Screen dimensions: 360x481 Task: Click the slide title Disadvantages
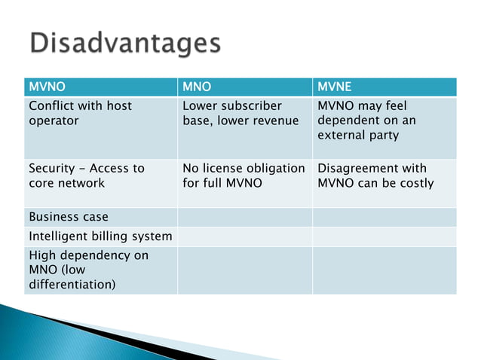tap(126, 43)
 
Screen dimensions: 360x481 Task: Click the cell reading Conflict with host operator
tap(80, 113)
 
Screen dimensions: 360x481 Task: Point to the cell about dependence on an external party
tap(366, 121)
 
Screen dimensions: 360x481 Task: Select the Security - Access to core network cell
tap(86, 175)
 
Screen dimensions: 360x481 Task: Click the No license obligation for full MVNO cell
tap(244, 175)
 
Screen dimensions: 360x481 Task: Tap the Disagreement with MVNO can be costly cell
tap(375, 175)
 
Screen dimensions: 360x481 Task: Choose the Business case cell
tap(63, 217)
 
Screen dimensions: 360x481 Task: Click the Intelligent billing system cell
tap(100, 236)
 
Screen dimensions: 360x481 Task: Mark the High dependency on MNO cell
tap(88, 270)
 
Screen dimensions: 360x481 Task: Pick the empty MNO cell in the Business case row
tap(244, 217)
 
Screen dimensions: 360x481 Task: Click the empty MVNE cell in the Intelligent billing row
tap(384, 236)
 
